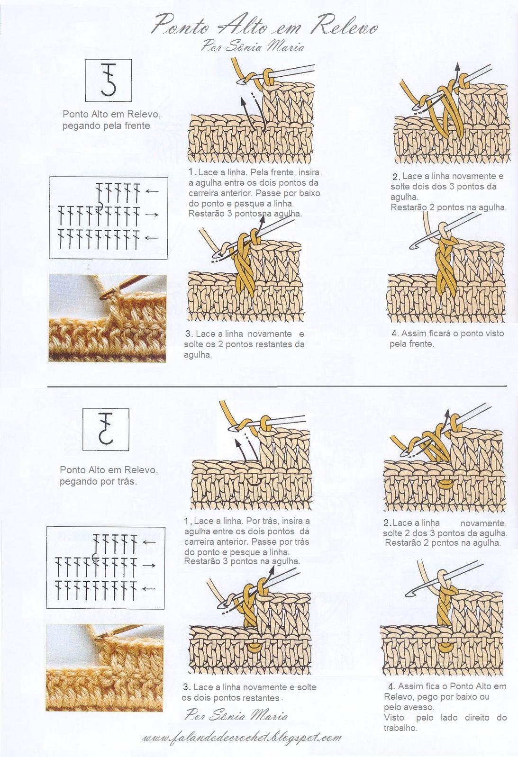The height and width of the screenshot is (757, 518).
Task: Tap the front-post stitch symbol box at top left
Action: coord(108,81)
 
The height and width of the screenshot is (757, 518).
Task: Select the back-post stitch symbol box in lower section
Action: coord(106,429)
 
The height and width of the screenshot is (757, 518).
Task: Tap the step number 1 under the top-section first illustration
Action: coord(191,171)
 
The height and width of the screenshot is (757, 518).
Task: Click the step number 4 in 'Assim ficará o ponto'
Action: coord(394,333)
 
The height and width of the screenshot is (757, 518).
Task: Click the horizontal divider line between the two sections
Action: coord(277,386)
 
